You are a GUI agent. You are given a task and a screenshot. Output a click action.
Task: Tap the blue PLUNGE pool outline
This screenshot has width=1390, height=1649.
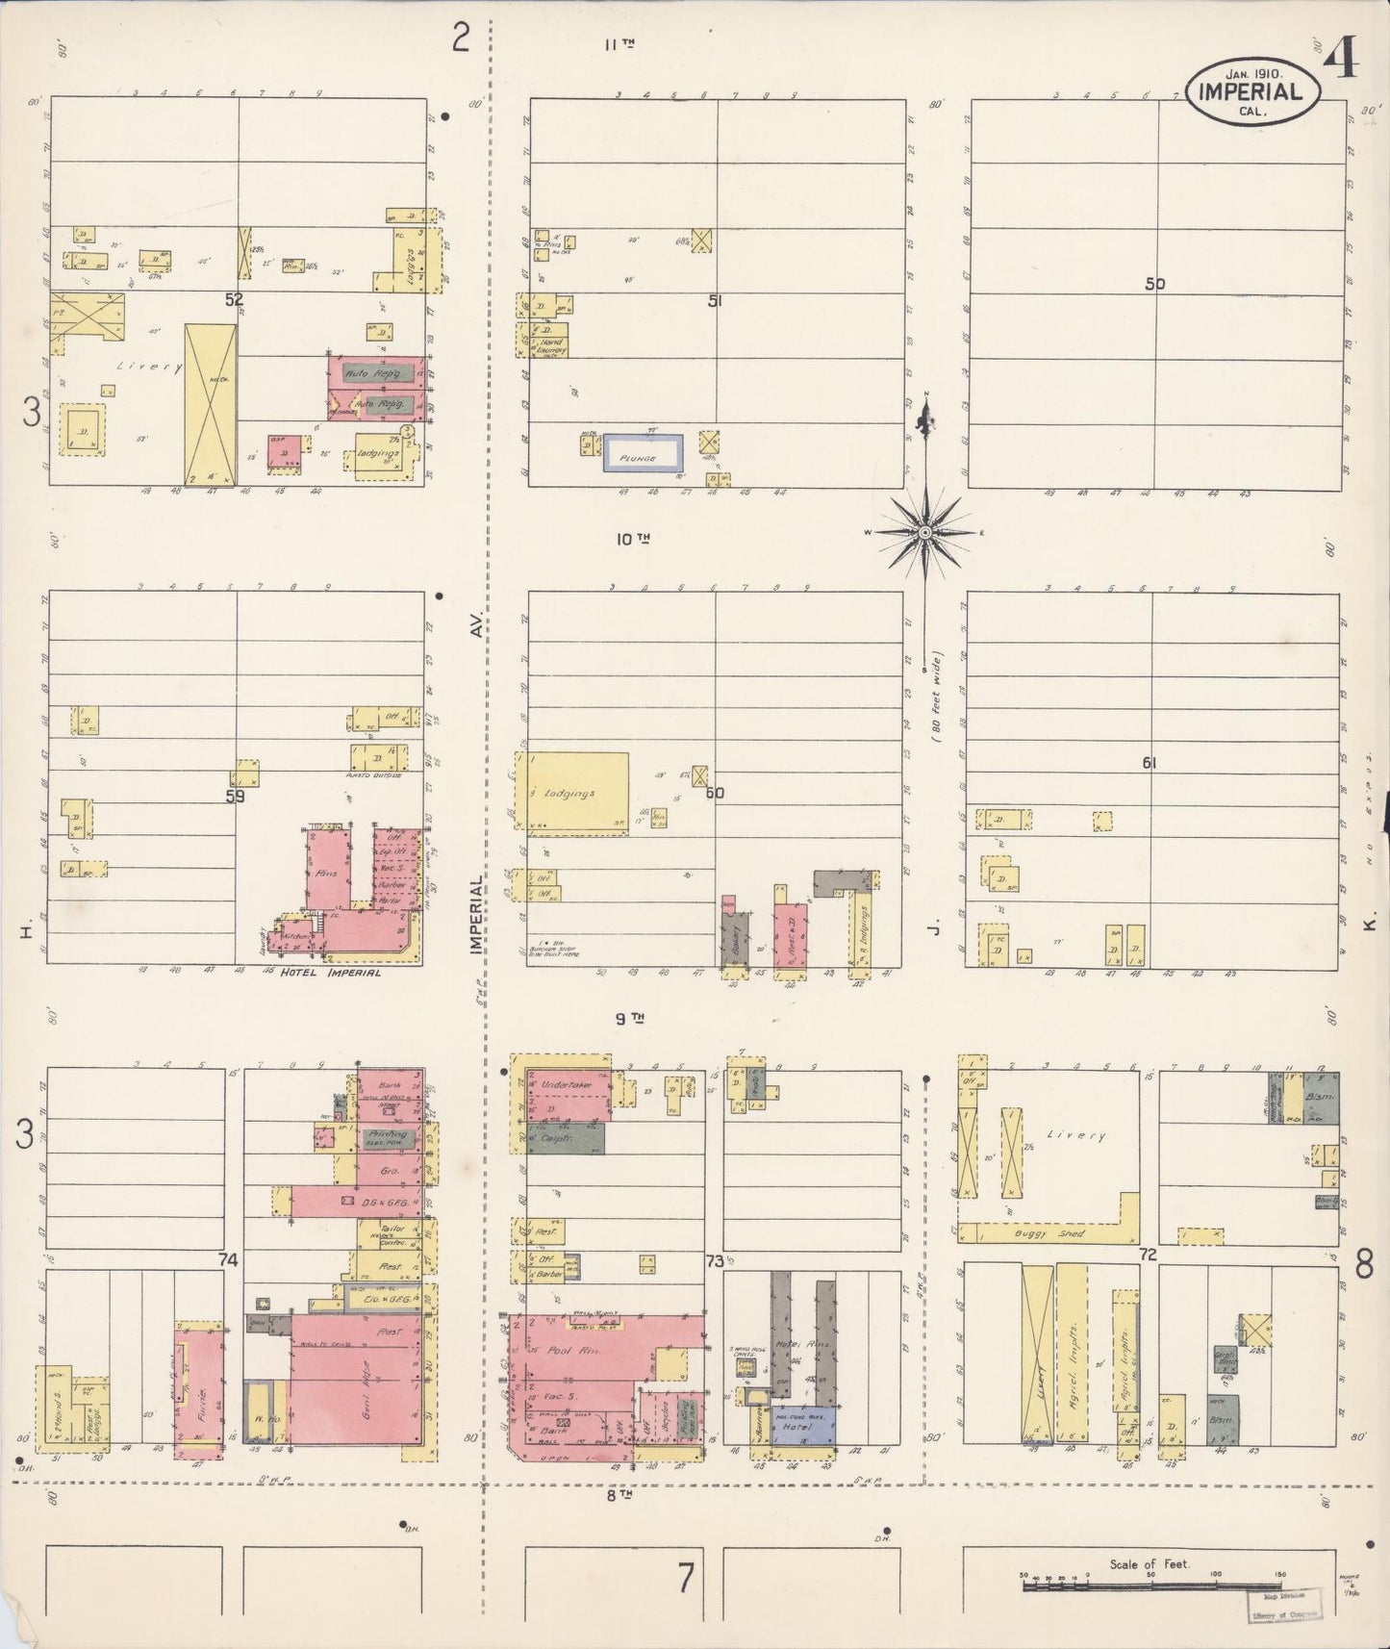coord(643,453)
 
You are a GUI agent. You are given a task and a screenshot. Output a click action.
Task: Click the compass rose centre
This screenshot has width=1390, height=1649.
coord(924,532)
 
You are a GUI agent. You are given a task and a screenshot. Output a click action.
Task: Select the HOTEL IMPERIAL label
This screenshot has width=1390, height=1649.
coord(330,973)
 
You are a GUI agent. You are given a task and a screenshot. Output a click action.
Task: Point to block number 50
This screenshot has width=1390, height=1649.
coord(1154,284)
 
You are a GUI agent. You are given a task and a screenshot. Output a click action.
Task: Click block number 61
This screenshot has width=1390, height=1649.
coord(1149,763)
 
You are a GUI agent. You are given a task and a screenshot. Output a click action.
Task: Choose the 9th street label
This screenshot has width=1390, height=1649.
coord(630,1017)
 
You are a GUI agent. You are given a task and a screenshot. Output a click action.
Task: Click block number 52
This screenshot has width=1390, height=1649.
coord(234,300)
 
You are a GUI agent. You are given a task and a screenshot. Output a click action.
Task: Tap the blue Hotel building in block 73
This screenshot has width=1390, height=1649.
coord(802,1427)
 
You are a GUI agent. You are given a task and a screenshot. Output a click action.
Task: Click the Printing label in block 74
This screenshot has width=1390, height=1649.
coord(387,1136)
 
